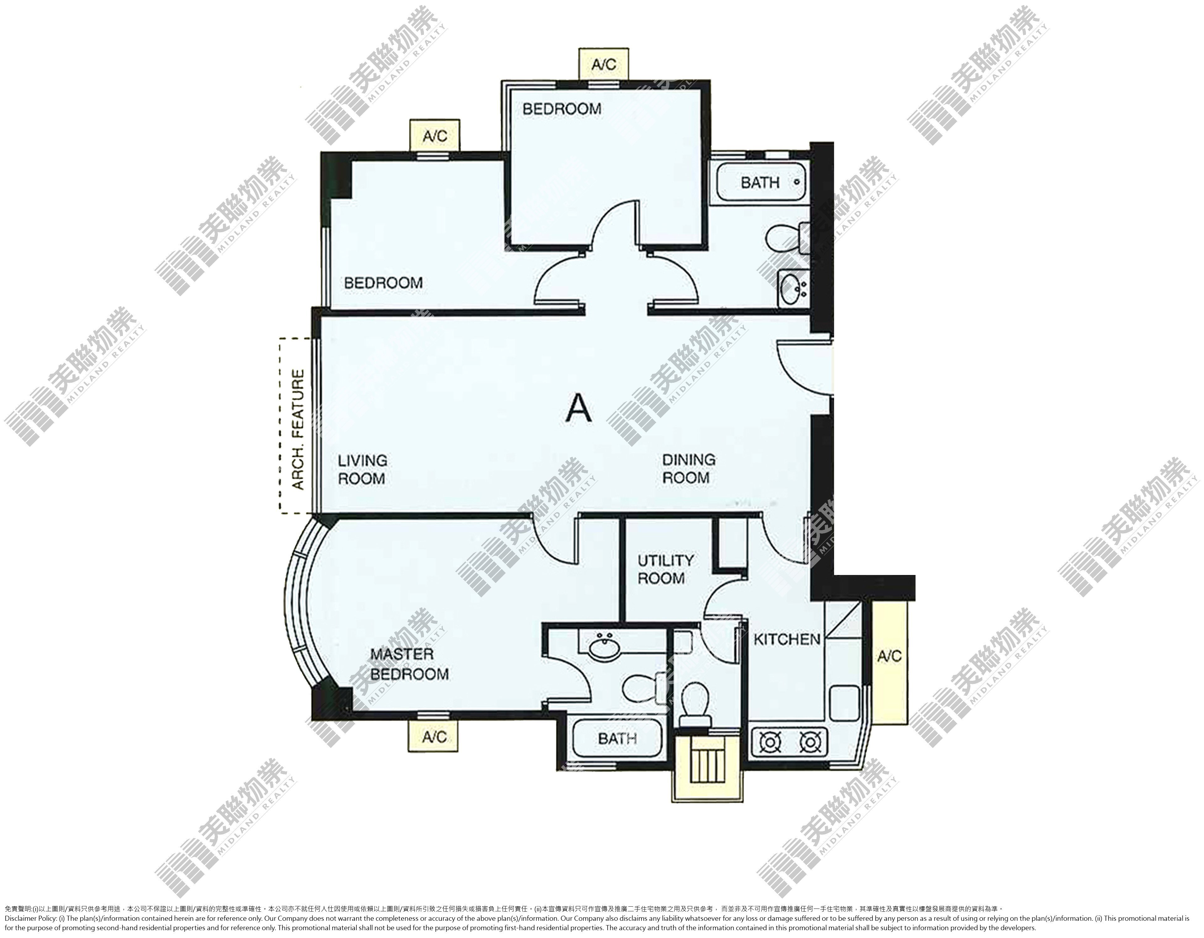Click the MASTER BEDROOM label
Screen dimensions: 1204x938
click(x=409, y=664)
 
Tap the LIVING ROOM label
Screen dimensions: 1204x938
click(x=362, y=469)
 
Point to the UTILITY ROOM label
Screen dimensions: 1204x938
click(x=665, y=569)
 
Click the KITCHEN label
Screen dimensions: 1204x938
click(x=787, y=640)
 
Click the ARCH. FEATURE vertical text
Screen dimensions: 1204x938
click(x=298, y=430)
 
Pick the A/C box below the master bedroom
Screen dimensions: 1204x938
click(x=434, y=736)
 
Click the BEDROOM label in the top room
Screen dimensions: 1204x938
click(x=562, y=109)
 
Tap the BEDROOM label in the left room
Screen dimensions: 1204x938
click(x=383, y=283)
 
